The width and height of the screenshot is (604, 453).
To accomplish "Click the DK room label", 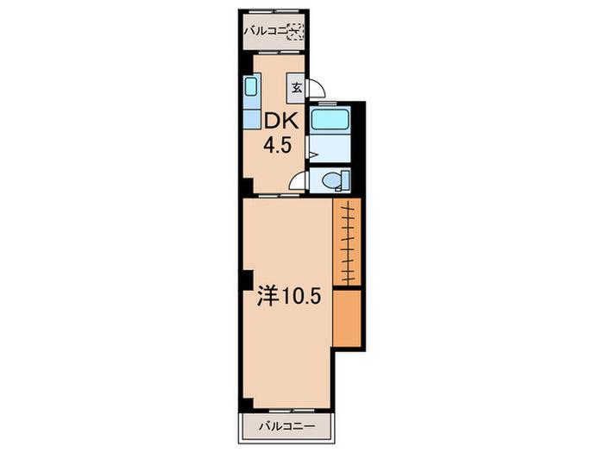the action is tap(280, 122).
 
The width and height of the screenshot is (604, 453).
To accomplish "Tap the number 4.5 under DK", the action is tap(277, 146).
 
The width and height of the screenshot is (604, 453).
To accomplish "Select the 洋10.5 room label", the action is tap(289, 296).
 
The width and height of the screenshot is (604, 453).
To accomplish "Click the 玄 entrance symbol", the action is tap(296, 88).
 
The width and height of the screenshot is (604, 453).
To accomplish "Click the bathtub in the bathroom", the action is tap(330, 119).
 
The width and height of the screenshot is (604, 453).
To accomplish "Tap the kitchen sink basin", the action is tap(251, 86).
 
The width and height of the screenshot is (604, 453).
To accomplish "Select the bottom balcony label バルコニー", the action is tap(287, 426).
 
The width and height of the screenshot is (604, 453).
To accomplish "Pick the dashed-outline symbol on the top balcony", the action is tap(296, 32).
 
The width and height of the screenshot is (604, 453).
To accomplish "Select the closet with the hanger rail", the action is tap(347, 242).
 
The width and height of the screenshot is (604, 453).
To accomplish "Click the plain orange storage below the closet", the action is tap(347, 318).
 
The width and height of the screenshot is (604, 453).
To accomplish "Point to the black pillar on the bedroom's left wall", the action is tap(248, 280).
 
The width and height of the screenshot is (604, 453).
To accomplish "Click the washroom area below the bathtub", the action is tap(330, 148).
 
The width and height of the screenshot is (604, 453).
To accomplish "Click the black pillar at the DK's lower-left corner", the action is tap(248, 186).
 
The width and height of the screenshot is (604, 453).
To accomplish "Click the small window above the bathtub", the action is tap(328, 104).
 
